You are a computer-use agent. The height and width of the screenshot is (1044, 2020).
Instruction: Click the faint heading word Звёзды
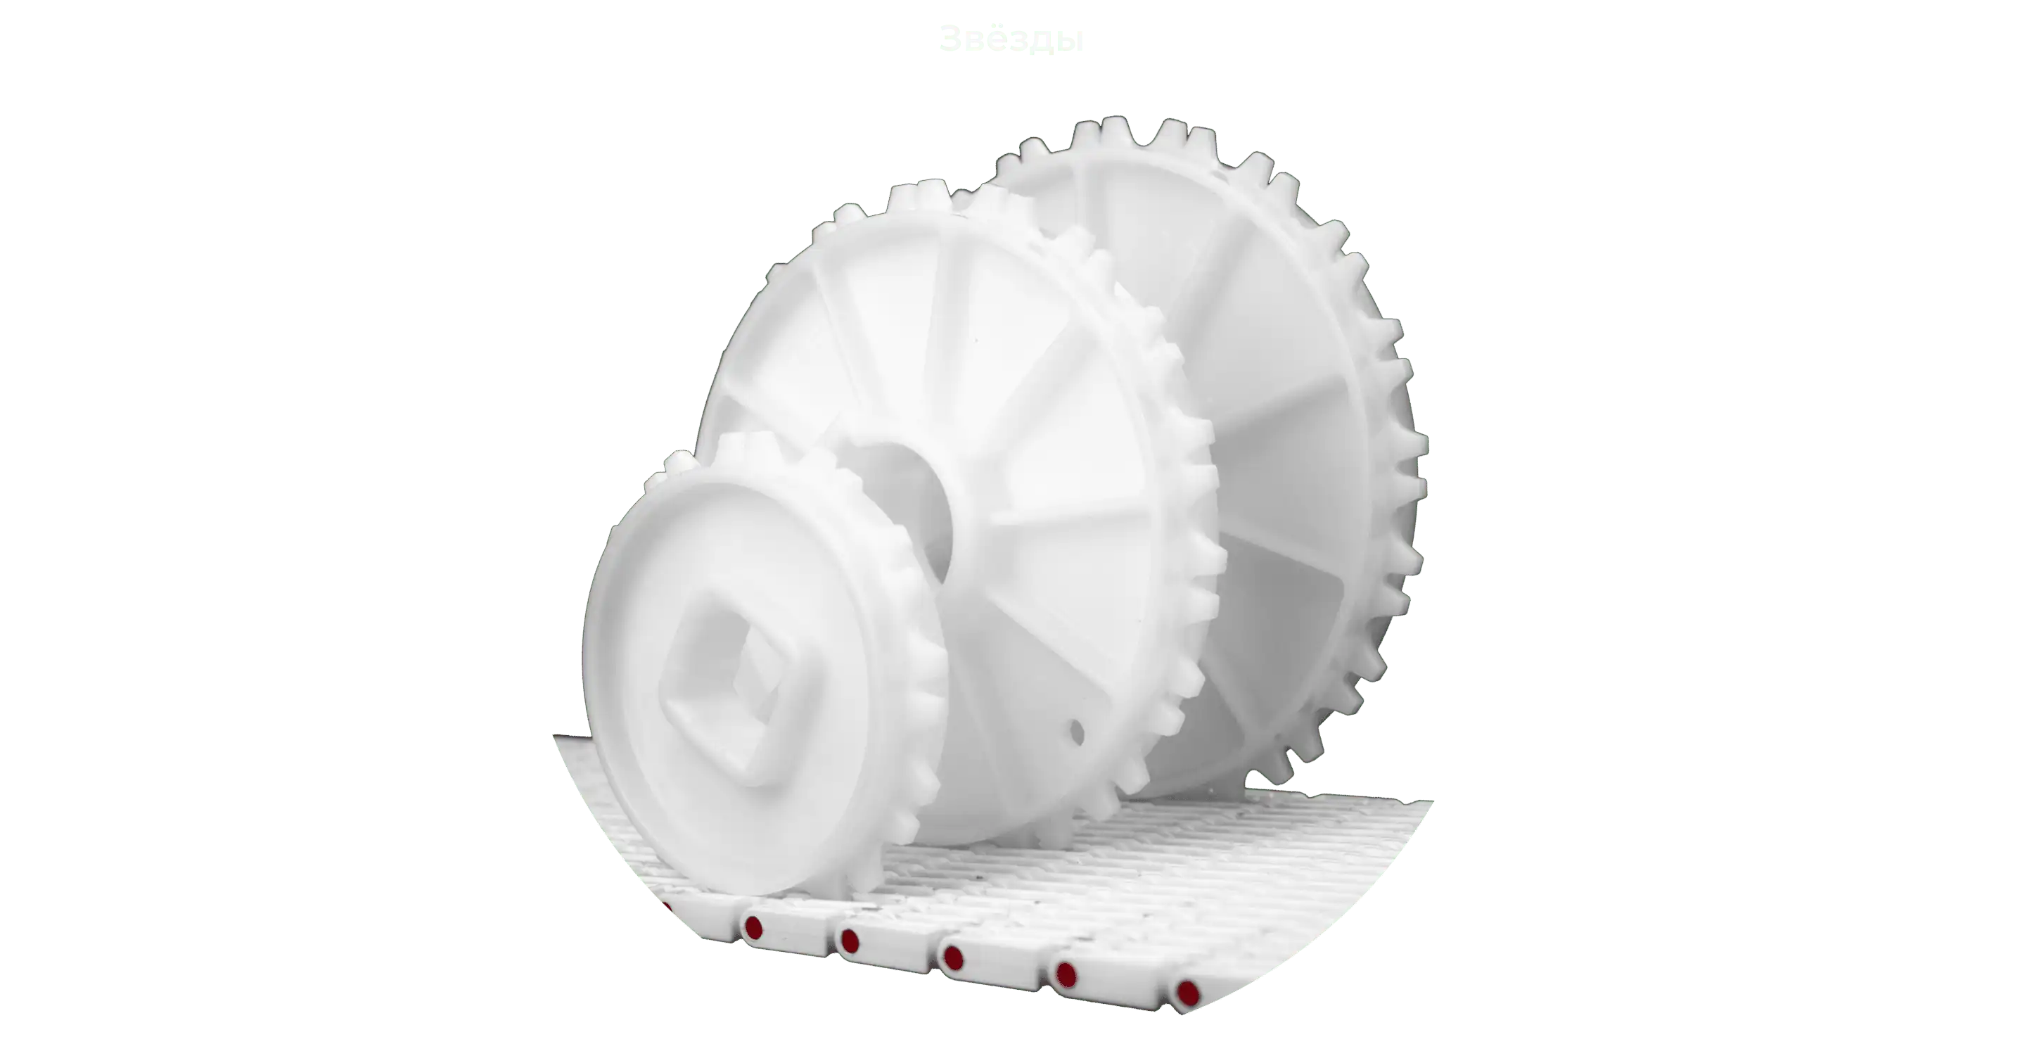pyautogui.click(x=1011, y=39)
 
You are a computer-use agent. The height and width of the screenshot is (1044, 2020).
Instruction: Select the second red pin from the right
pyautogui.click(x=1066, y=975)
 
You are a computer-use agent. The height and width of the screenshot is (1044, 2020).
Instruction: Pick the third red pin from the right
pyautogui.click(x=954, y=957)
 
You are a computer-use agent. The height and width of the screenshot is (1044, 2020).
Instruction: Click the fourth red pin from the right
pyautogui.click(x=848, y=941)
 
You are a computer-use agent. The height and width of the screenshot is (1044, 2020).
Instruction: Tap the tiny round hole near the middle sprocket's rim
pyautogui.click(x=1077, y=733)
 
